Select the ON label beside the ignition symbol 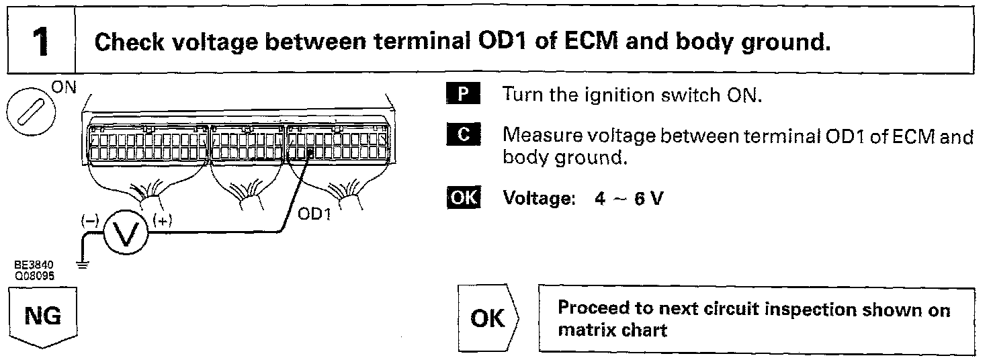[x=64, y=87]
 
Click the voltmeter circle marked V [x=126, y=232]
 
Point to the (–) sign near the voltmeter [x=90, y=220]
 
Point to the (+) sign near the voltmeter [x=163, y=220]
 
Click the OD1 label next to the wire [x=314, y=214]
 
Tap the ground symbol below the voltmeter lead [x=83, y=265]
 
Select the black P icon [x=463, y=93]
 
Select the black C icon [x=464, y=134]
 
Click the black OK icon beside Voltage [x=464, y=197]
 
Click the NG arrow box [x=43, y=317]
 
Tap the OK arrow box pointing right [x=488, y=318]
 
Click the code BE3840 [x=34, y=265]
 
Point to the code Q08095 [x=34, y=276]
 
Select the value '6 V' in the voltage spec [x=648, y=199]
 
